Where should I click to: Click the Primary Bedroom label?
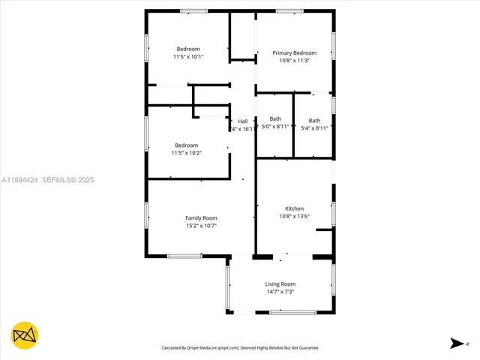click(x=294, y=53)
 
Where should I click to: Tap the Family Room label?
click(x=201, y=218)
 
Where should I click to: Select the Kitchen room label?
click(x=294, y=208)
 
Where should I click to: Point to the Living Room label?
click(x=280, y=284)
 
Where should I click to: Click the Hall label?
click(x=242, y=121)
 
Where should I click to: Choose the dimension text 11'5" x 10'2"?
click(x=187, y=153)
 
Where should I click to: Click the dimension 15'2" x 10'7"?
click(x=201, y=226)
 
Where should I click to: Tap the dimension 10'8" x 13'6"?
click(x=294, y=217)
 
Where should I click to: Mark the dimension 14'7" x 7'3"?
click(x=280, y=292)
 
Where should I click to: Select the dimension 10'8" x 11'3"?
click(x=294, y=61)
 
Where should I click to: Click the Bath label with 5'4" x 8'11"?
click(x=314, y=121)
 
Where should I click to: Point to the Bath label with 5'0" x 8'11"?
click(x=275, y=119)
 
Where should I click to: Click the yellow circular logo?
click(x=25, y=334)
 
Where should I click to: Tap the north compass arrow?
click(x=457, y=343)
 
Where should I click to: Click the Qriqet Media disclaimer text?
click(x=241, y=348)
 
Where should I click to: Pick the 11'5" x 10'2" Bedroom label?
click(x=187, y=145)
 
